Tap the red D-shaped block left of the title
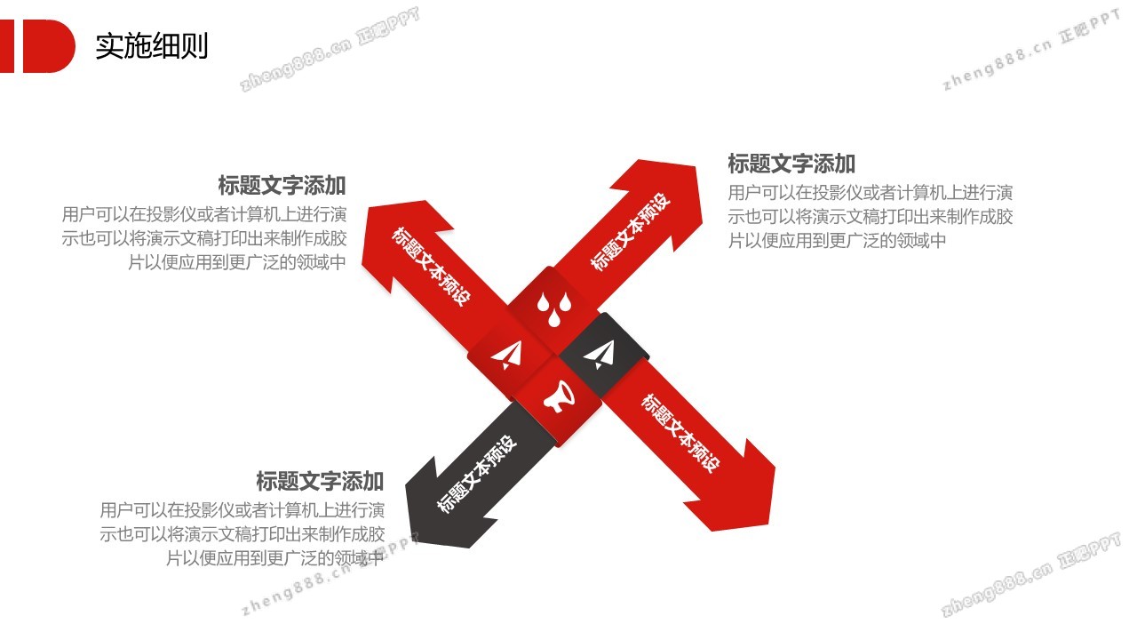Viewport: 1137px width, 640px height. click(49, 46)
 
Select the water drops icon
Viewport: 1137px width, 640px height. click(554, 308)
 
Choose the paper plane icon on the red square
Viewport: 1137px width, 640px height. click(508, 355)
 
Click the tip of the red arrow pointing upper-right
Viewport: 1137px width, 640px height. click(696, 165)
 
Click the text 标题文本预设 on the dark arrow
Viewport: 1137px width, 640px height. click(477, 474)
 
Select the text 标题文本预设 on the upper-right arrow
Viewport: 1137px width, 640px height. click(631, 231)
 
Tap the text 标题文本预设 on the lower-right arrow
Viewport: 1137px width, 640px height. click(680, 433)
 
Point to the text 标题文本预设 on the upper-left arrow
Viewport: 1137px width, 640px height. click(432, 266)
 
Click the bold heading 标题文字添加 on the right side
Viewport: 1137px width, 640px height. click(791, 164)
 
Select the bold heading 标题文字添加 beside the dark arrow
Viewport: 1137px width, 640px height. click(320, 481)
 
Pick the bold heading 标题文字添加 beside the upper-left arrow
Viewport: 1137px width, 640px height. click(282, 186)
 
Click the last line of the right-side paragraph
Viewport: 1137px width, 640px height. click(837, 241)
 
